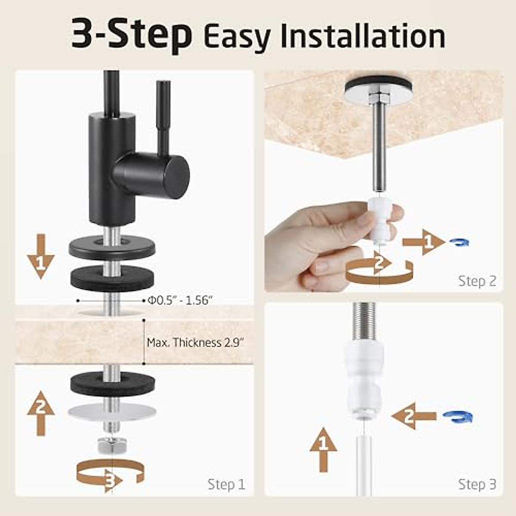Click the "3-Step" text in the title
coord(131,34)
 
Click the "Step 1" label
coord(226,484)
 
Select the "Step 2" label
coord(477,281)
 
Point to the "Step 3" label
coord(477,484)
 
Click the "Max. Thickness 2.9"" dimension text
coord(196,343)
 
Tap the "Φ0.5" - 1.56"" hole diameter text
coord(180,300)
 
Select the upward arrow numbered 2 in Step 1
coord(41,413)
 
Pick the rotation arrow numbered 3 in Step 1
coord(110,475)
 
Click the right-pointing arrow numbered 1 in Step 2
coord(424,243)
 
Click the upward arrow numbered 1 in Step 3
coord(323,449)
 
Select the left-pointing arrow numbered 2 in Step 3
coord(413,416)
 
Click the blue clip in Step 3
coord(458,417)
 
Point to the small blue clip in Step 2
coord(459,243)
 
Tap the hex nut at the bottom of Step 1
coord(112,445)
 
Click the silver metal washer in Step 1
coord(111,412)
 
